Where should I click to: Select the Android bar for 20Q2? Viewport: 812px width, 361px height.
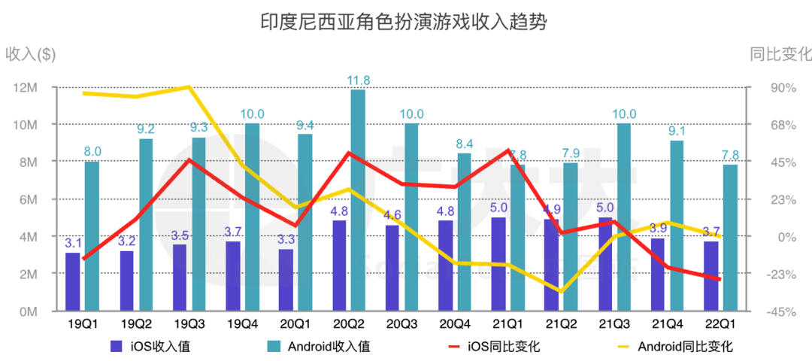pos(358,200)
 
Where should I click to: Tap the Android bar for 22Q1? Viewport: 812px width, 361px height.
pos(730,238)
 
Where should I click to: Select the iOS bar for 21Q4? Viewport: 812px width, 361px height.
pos(658,275)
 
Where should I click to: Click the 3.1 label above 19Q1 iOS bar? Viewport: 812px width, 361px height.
pos(73,243)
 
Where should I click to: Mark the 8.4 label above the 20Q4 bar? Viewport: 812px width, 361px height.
pos(465,144)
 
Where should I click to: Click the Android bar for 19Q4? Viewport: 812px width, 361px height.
pos(252,217)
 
